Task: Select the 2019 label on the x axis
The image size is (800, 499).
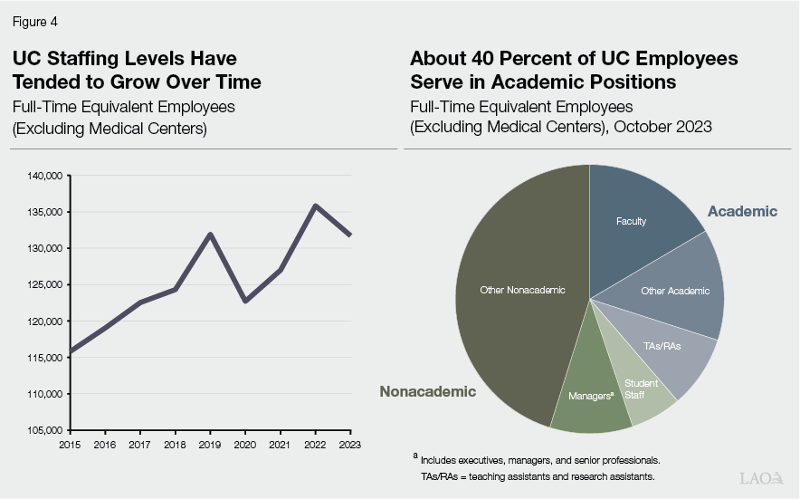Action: click(x=210, y=444)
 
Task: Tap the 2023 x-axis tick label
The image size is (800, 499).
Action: click(x=349, y=444)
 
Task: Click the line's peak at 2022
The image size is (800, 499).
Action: click(x=315, y=206)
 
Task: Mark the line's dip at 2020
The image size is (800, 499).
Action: click(x=245, y=301)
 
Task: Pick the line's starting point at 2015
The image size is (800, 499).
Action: click(x=71, y=351)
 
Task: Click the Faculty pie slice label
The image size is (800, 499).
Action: click(x=631, y=221)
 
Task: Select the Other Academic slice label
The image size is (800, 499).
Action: click(x=675, y=291)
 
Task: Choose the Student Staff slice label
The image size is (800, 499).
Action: click(x=641, y=389)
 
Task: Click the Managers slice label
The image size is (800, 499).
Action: click(x=591, y=396)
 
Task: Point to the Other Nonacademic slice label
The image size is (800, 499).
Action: click(x=522, y=290)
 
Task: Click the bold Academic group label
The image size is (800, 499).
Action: click(x=742, y=211)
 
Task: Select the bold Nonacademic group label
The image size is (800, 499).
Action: click(x=427, y=391)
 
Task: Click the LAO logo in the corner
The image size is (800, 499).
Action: click(x=761, y=477)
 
